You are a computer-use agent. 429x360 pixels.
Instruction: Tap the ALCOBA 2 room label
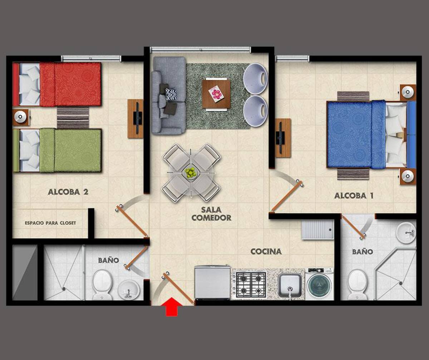pyautogui.click(x=68, y=192)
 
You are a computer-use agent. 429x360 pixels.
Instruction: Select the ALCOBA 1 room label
pyautogui.click(x=354, y=196)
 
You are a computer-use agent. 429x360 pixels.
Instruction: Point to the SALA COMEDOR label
pyautogui.click(x=211, y=214)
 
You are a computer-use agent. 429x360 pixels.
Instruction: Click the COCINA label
pyautogui.click(x=266, y=252)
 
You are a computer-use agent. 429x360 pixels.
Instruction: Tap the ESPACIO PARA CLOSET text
pyautogui.click(x=50, y=223)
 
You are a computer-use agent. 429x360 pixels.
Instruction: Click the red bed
pyautogui.click(x=57, y=84)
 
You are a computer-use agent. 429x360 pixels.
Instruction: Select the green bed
pyautogui.click(x=57, y=151)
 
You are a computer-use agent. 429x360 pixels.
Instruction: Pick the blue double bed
pyautogui.click(x=371, y=135)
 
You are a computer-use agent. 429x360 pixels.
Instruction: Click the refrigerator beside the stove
pyautogui.click(x=212, y=282)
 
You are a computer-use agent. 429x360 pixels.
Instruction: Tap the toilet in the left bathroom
pyautogui.click(x=102, y=285)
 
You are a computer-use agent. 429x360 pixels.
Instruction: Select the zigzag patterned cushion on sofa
pyautogui.click(x=171, y=94)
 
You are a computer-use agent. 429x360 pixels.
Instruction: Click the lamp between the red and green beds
pyautogui.click(x=20, y=117)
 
